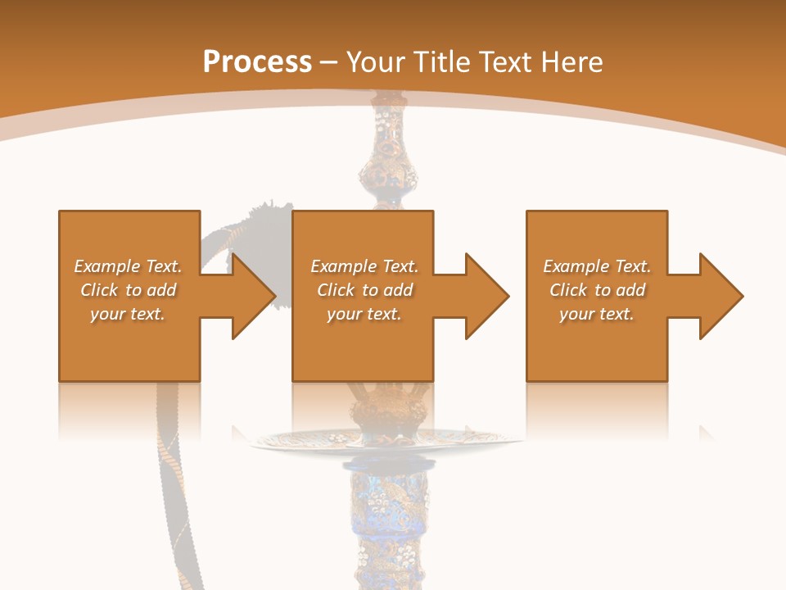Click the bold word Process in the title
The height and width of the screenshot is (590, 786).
(x=257, y=62)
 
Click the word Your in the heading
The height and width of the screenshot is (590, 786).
(x=378, y=62)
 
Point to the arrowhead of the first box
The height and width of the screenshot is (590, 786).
(x=251, y=296)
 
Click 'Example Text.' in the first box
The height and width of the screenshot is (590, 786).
(x=128, y=266)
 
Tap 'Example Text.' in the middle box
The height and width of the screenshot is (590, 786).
(x=364, y=266)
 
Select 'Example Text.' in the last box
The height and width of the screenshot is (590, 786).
(x=597, y=266)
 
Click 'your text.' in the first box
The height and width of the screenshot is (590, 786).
(x=128, y=314)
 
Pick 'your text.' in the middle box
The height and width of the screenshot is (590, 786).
(x=364, y=314)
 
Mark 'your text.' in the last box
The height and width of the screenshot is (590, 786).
(x=597, y=314)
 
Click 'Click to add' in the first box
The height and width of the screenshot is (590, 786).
(x=128, y=290)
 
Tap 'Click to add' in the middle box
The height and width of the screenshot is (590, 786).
(x=364, y=290)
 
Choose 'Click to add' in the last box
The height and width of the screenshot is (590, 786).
(x=597, y=290)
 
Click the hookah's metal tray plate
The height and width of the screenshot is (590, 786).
(x=385, y=442)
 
